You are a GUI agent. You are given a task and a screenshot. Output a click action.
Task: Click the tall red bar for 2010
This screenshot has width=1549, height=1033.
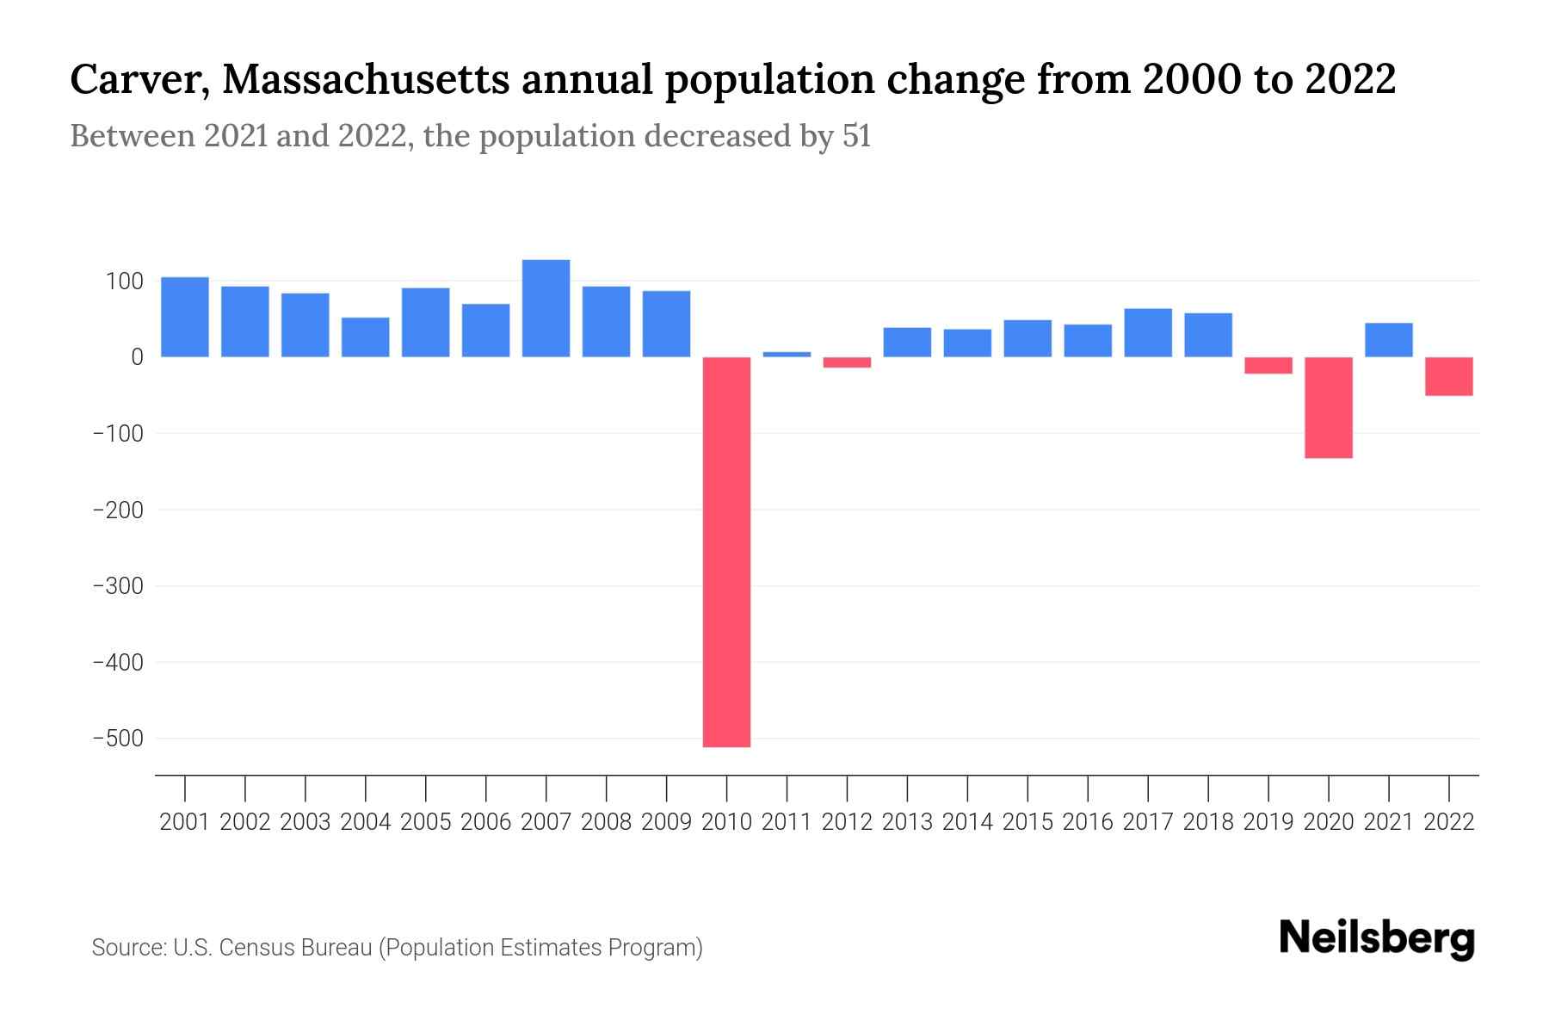726,551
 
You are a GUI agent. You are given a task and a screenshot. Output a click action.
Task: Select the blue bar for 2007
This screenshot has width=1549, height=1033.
546,308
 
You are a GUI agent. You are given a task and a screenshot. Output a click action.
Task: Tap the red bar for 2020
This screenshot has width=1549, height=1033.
1328,407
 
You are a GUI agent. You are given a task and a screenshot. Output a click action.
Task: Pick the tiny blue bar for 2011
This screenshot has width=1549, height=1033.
787,354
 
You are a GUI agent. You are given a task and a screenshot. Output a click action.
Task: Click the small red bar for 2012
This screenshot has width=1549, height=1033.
847,362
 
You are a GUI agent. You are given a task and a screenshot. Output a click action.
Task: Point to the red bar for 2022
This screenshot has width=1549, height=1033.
1448,376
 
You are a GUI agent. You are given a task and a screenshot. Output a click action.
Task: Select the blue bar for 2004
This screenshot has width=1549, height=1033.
365,337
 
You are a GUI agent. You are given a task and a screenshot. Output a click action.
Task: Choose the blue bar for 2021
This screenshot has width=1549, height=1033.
1388,340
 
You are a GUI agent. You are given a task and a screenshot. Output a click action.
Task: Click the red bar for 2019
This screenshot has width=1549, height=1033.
1268,365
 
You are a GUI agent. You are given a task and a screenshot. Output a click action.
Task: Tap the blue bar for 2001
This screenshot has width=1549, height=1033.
185,317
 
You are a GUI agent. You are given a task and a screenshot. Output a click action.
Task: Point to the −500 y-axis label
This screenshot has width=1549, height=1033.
118,739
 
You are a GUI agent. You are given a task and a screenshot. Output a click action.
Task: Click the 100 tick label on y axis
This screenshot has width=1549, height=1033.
124,281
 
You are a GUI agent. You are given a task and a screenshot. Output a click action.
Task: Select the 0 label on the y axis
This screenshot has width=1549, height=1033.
137,357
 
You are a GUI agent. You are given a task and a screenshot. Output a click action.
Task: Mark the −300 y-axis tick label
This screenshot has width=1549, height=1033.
118,586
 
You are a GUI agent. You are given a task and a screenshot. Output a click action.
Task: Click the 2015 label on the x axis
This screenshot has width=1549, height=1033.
1027,822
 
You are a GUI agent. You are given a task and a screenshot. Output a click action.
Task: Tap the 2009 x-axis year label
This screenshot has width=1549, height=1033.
666,822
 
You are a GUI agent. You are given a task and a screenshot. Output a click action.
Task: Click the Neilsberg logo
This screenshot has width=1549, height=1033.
1376,939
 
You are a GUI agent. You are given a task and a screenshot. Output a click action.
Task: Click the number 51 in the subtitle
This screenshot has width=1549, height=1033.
856,136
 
